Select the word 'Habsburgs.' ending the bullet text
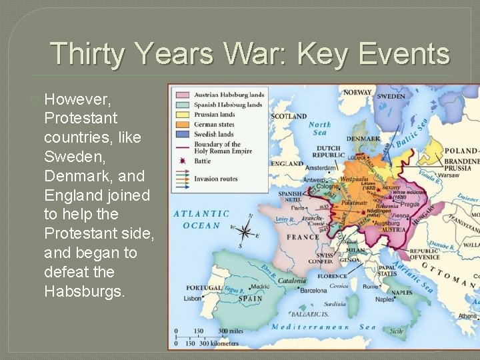(x=85, y=291)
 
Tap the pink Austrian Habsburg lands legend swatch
(x=181, y=94)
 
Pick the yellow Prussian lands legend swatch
(x=181, y=114)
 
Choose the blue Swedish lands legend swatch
(x=181, y=134)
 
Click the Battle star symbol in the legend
(x=181, y=161)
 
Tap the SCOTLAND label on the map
(x=289, y=115)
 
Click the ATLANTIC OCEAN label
(x=201, y=219)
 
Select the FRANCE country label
(x=302, y=237)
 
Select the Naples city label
(x=385, y=299)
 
